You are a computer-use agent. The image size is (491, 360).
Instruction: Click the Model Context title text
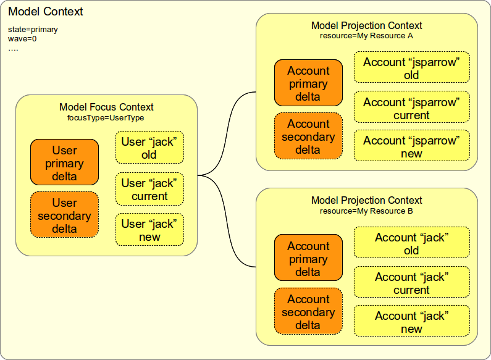46,12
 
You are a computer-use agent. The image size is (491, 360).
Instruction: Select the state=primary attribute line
33,29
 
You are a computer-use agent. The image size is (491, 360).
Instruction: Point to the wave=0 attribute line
22,38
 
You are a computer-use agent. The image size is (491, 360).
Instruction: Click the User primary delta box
64,162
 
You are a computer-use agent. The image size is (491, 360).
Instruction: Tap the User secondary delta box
64,215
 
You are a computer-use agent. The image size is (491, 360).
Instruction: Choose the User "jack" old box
149,148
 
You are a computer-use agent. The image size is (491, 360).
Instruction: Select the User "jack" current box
149,189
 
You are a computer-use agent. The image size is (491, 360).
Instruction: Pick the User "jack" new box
149,230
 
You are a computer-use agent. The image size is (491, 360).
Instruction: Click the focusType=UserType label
106,117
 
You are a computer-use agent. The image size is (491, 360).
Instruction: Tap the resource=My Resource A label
366,36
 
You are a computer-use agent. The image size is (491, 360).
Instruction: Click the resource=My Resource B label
366,211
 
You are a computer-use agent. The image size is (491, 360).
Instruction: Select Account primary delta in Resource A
308,83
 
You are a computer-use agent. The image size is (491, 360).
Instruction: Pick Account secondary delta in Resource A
308,136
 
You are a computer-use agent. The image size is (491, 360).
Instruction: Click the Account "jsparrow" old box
411,68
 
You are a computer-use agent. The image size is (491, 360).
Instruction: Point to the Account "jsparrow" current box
411,108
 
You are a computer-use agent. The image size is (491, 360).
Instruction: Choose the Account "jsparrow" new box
411,146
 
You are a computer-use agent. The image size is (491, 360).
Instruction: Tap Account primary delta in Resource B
308,258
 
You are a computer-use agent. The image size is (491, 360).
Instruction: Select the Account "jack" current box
411,283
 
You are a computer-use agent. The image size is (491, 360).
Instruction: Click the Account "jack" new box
411,322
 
